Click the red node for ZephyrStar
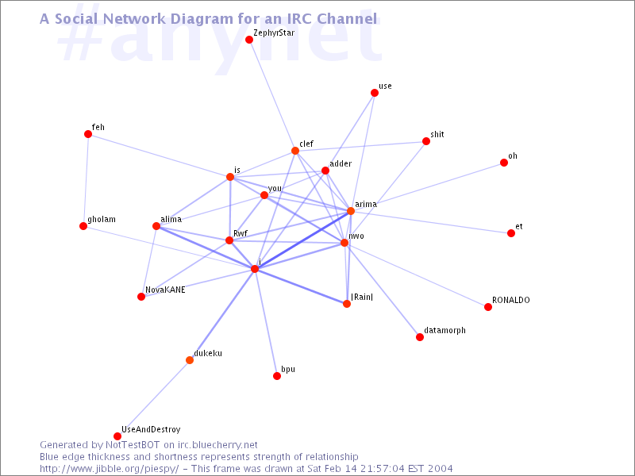[x=249, y=40]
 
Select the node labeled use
[x=375, y=93]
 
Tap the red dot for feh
[x=88, y=134]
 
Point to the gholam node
[x=83, y=226]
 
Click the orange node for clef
[x=295, y=151]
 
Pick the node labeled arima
[x=351, y=211]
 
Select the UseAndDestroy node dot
[x=117, y=436]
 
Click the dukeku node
[x=190, y=360]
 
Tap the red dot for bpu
[x=277, y=376]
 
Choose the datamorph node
[x=420, y=337]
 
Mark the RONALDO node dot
[x=488, y=307]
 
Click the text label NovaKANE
[x=165, y=290]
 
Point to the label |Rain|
[x=362, y=297]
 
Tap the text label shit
[x=437, y=134]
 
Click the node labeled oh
[x=504, y=163]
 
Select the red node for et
[x=511, y=233]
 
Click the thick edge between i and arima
[x=302, y=240]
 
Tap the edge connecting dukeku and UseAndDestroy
[x=153, y=398]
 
